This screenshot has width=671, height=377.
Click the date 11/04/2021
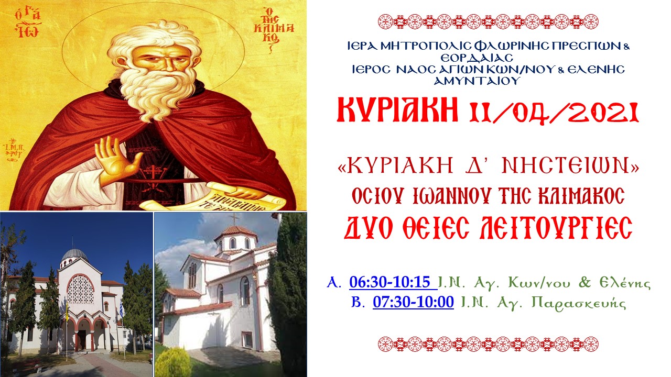click(554, 113)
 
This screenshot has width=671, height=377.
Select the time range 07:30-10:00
click(413, 302)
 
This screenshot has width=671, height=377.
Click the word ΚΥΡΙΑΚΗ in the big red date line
click(397, 110)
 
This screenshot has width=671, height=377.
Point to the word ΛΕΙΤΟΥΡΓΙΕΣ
click(556, 228)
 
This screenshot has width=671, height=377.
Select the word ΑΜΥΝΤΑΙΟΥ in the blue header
click(477, 81)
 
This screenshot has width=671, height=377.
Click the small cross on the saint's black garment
click(153, 171)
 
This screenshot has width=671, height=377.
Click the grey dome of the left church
click(74, 255)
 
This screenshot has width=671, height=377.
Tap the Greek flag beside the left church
click(121, 309)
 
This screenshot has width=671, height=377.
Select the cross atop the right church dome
click(234, 219)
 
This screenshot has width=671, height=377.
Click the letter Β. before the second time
click(358, 302)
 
